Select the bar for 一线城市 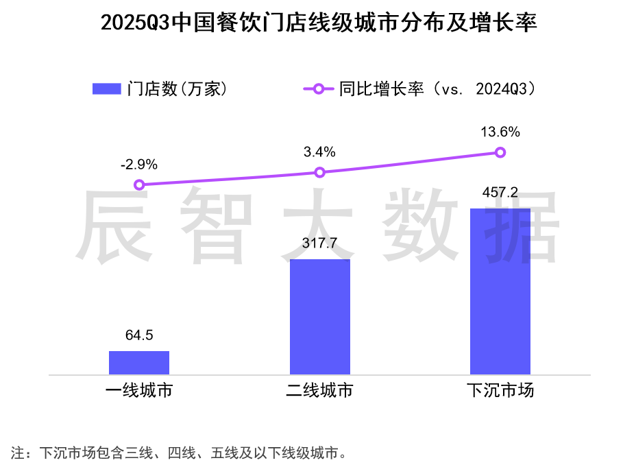tap(139, 363)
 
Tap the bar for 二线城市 tap(319, 317)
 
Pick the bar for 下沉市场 tap(500, 291)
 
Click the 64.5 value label tap(139, 335)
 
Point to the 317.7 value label tap(319, 243)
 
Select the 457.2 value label tap(500, 192)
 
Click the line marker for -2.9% tap(139, 184)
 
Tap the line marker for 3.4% tap(319, 173)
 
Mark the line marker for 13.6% tap(500, 152)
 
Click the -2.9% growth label tap(139, 165)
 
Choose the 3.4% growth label tap(319, 152)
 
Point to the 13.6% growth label tap(500, 132)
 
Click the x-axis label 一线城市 tap(139, 392)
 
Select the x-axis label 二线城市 tap(319, 392)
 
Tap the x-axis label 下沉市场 tap(500, 392)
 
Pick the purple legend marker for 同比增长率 tap(318, 89)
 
